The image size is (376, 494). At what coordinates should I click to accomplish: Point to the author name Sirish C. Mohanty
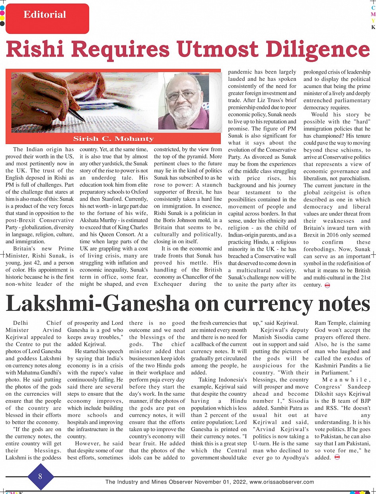113,139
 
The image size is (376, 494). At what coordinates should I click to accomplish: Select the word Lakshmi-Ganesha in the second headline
98,304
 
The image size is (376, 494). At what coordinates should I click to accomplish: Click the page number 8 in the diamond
40,476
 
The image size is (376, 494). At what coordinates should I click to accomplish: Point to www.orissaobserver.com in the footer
282,482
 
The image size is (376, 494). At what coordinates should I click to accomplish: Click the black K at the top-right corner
373,27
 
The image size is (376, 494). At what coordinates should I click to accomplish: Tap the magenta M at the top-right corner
373,14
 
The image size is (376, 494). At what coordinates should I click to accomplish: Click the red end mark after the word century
328,285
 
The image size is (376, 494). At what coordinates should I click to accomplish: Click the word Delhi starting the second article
21,323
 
